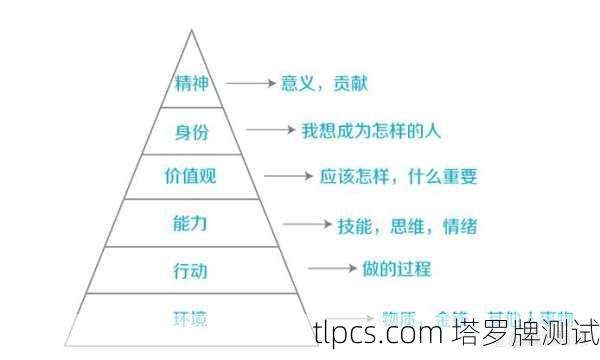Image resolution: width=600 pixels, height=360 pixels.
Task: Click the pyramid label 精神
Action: [x=191, y=82]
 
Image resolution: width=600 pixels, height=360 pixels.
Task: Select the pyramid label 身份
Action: [x=191, y=130]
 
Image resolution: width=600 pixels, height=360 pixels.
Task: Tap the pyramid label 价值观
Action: [x=191, y=178]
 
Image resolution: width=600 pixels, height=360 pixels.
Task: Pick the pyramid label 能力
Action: [x=191, y=224]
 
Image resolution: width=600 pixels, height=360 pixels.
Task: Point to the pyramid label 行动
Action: [x=191, y=270]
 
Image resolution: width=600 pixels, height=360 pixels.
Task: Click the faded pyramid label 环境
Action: [x=191, y=318]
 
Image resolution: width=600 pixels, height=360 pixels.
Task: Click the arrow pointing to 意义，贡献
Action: [x=250, y=83]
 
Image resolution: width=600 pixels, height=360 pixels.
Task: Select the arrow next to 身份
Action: [x=270, y=130]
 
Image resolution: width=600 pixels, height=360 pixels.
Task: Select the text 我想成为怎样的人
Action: [x=371, y=130]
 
